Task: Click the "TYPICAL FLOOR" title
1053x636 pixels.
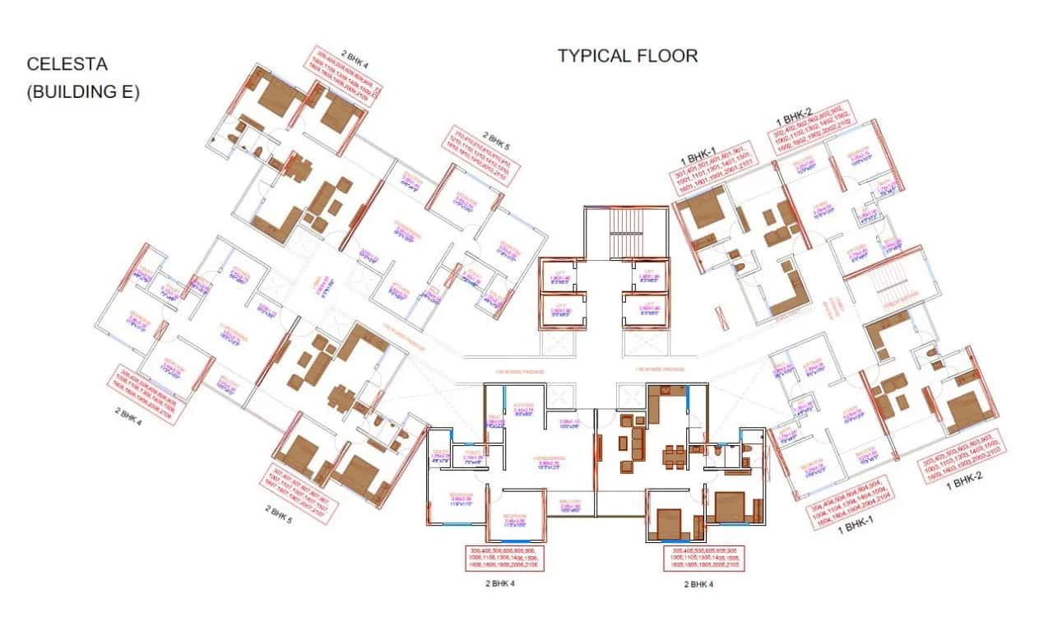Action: pyautogui.click(x=627, y=56)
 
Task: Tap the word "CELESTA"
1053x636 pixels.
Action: pyautogui.click(x=67, y=64)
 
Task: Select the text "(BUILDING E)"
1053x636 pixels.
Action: pyautogui.click(x=83, y=92)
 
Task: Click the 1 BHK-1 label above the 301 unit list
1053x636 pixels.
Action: pyautogui.click(x=699, y=158)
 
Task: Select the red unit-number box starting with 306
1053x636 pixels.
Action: pyautogui.click(x=504, y=558)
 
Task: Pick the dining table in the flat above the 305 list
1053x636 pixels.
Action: pyautogui.click(x=675, y=455)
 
